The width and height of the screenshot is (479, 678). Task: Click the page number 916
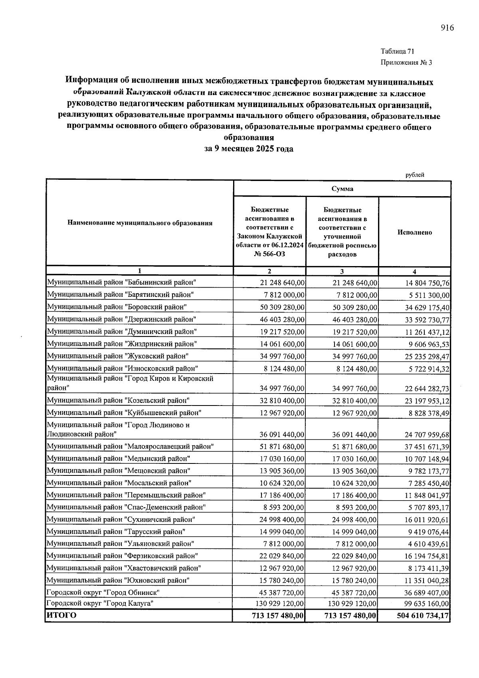[x=447, y=28]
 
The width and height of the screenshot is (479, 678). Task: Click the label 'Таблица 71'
[x=398, y=52]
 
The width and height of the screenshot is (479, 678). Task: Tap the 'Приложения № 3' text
[x=406, y=63]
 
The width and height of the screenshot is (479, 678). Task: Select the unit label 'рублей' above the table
[x=415, y=175]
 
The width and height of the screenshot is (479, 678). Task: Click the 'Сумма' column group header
[x=342, y=189]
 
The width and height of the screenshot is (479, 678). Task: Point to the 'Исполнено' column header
[x=414, y=232]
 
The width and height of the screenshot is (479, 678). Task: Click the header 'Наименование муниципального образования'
[x=140, y=223]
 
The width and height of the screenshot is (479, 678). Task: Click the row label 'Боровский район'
[x=117, y=307]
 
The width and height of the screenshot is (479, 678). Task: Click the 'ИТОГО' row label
[x=61, y=616]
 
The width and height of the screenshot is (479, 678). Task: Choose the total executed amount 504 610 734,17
[x=423, y=616]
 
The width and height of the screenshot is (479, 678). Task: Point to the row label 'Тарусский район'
[x=116, y=532]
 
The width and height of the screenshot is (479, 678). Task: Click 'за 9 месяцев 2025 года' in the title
[x=249, y=149]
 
